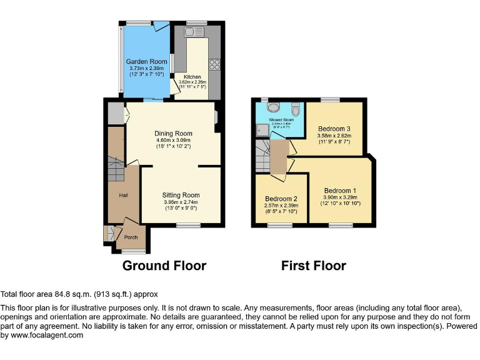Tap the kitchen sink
(191, 31)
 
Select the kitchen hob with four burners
(214, 64)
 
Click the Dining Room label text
(173, 133)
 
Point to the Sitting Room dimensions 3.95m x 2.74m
(181, 202)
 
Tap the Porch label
(131, 237)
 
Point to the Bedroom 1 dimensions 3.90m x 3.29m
(340, 197)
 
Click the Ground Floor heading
(164, 266)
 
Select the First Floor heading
(313, 266)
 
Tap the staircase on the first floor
(262, 157)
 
